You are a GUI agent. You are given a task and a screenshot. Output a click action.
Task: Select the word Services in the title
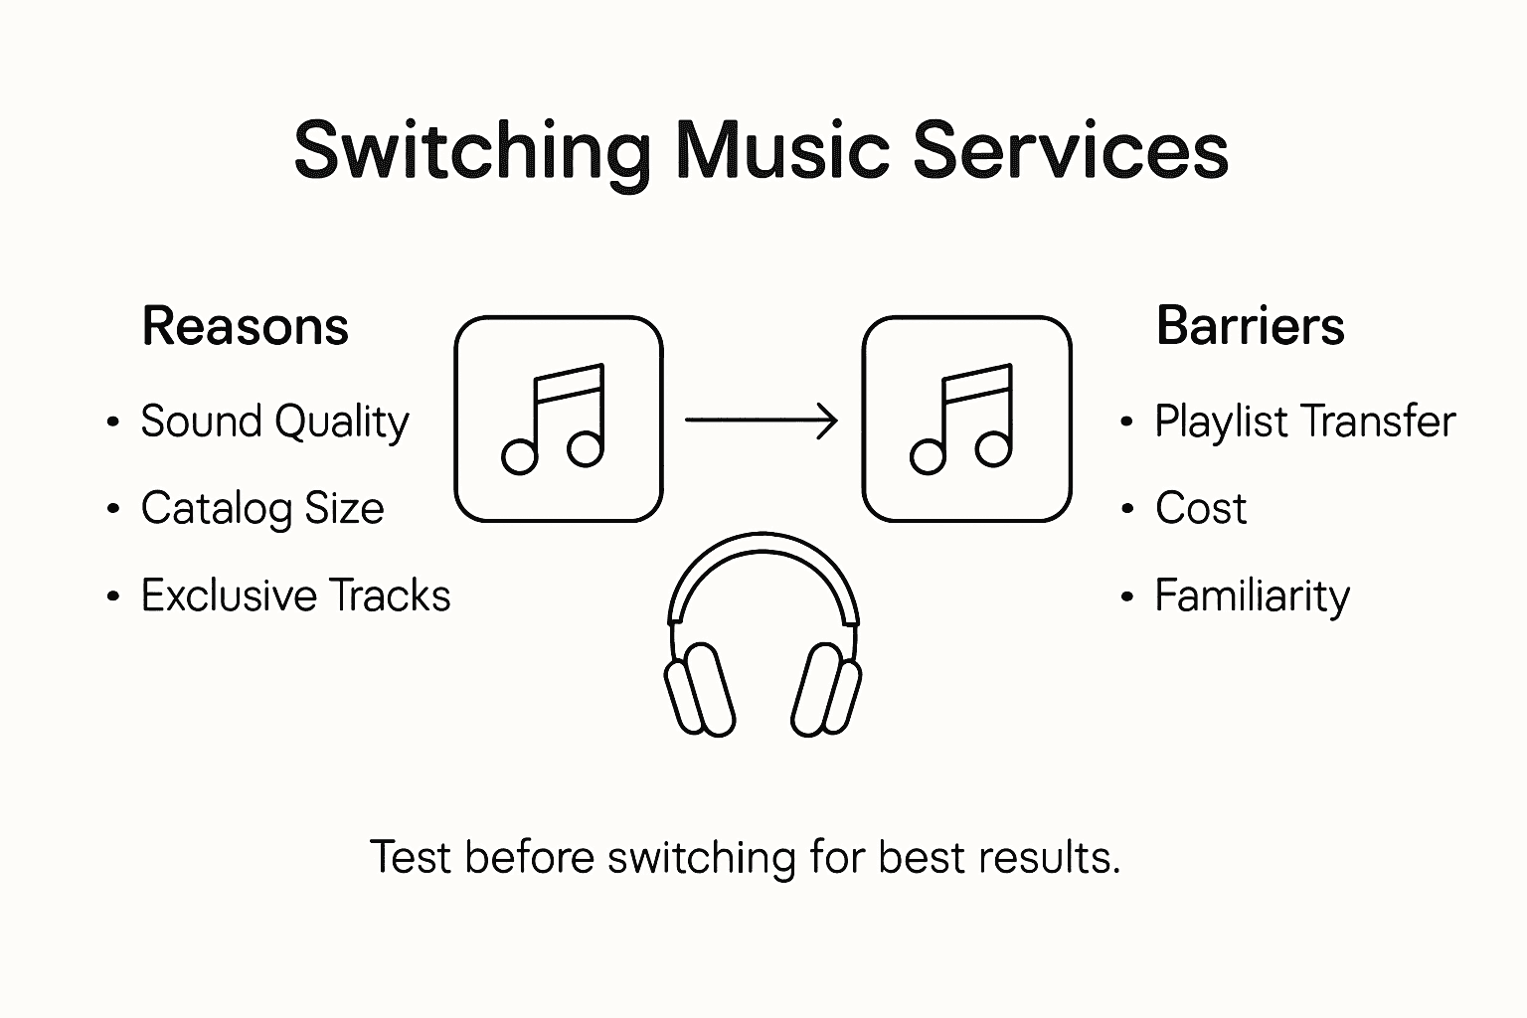click(1070, 151)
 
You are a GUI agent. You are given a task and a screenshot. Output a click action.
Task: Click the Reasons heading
click(245, 326)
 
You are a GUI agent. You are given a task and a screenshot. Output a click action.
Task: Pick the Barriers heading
click(1250, 326)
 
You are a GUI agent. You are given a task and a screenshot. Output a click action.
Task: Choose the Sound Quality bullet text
click(274, 422)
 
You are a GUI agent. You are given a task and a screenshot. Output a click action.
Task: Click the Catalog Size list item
click(261, 508)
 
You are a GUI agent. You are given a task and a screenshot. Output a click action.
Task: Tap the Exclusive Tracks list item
click(295, 595)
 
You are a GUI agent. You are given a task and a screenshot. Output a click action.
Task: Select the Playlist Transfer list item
click(1304, 422)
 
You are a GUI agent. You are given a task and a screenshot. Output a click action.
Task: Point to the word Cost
click(1200, 508)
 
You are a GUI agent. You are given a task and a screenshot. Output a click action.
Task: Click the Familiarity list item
click(1252, 595)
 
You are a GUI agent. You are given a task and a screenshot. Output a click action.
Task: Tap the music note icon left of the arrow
click(558, 419)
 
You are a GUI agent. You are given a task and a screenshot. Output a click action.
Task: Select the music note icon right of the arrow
click(966, 419)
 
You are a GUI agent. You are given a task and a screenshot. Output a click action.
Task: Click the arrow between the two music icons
click(762, 421)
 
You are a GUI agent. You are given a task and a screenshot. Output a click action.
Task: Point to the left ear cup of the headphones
click(700, 689)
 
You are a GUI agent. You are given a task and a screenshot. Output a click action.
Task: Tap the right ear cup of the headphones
click(826, 689)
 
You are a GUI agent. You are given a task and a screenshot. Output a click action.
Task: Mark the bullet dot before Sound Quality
click(113, 423)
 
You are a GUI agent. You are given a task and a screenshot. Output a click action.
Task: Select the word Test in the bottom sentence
click(412, 857)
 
